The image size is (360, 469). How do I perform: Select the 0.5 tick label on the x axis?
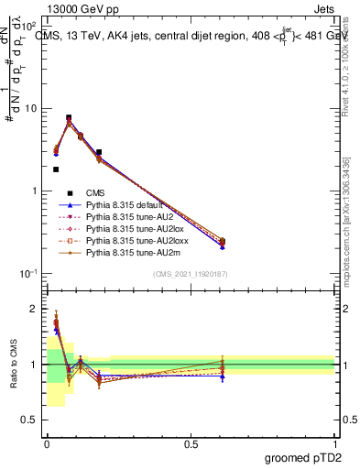[x=191, y=443]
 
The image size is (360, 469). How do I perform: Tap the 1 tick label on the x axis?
[x=335, y=443]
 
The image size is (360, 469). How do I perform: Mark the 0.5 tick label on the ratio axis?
[x=30, y=421]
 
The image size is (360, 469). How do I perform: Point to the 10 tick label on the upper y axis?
[x=31, y=108]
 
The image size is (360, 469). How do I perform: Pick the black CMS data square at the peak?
[x=69, y=118]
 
